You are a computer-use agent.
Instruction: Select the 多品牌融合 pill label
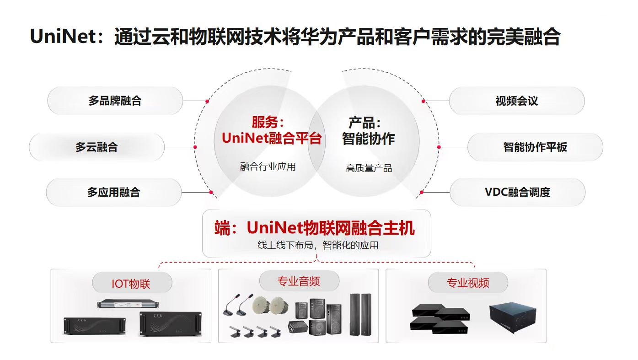click(115, 101)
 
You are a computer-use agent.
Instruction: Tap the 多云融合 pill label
click(97, 147)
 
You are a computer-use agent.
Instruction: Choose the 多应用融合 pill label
click(113, 192)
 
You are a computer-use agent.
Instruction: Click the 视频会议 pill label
click(516, 101)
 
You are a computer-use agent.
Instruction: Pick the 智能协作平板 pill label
click(535, 147)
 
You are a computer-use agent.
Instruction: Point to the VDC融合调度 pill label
click(517, 192)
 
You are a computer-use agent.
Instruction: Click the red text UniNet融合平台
click(272, 138)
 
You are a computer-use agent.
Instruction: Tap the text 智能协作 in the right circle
click(368, 139)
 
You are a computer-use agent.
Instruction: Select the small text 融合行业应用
click(268, 167)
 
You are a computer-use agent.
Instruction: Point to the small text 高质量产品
click(369, 168)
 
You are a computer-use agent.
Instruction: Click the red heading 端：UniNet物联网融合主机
click(315, 228)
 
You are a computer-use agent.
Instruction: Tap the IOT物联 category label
click(131, 284)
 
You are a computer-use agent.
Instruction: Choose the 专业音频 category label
click(299, 281)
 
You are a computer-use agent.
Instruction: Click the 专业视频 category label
click(468, 283)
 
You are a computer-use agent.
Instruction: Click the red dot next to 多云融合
click(195, 147)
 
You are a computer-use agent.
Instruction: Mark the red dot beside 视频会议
click(424, 101)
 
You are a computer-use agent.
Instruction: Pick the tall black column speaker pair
click(360, 315)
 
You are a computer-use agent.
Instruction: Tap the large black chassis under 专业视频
click(511, 318)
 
